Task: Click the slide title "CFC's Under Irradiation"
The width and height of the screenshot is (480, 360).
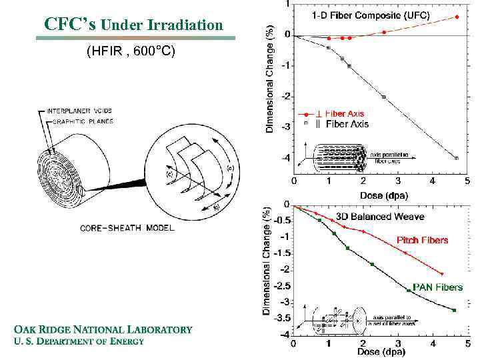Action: click(x=133, y=25)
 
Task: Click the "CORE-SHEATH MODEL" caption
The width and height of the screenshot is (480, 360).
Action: click(x=127, y=228)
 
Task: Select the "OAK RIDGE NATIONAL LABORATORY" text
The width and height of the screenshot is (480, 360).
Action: click(x=103, y=329)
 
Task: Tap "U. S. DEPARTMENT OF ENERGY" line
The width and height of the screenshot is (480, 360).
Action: click(x=79, y=341)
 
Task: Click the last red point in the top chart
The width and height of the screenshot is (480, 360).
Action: click(x=457, y=17)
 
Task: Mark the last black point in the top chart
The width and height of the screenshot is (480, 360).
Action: click(x=457, y=158)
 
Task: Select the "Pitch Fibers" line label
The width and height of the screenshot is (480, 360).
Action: click(x=423, y=240)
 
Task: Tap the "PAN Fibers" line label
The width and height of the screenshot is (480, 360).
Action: click(x=437, y=287)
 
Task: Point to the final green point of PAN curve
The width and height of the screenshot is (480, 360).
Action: click(x=454, y=310)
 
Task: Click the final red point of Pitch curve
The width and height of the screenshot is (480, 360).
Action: click(x=441, y=274)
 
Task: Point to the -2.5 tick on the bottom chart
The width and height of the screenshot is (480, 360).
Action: click(x=283, y=286)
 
